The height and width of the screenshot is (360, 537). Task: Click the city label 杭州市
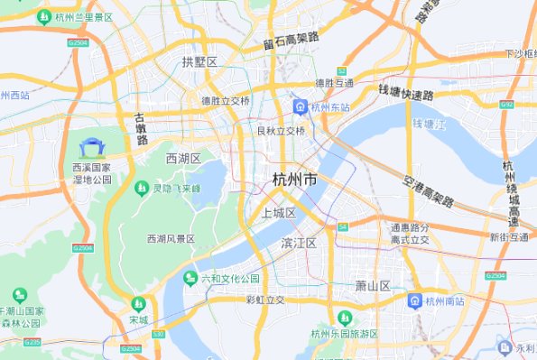pos(294,180)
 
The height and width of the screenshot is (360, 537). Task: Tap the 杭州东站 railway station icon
pos(299,107)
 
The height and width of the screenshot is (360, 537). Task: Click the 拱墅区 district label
pos(199,61)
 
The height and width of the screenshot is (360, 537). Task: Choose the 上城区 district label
pos(279,213)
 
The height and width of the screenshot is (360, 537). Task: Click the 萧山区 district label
pos(372,286)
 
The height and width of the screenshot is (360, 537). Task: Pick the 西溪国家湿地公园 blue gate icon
pos(92,147)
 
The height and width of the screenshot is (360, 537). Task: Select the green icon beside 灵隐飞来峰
pos(141,189)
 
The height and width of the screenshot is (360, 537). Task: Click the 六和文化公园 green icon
pos(190,278)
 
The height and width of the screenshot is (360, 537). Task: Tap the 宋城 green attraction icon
pos(138,304)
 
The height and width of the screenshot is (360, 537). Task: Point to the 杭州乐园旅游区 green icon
pos(344,318)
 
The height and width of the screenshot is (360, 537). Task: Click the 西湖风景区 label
pos(171,239)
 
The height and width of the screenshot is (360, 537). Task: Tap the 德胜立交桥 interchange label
pos(225,101)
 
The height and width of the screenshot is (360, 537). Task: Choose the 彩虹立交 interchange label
pos(265,300)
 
